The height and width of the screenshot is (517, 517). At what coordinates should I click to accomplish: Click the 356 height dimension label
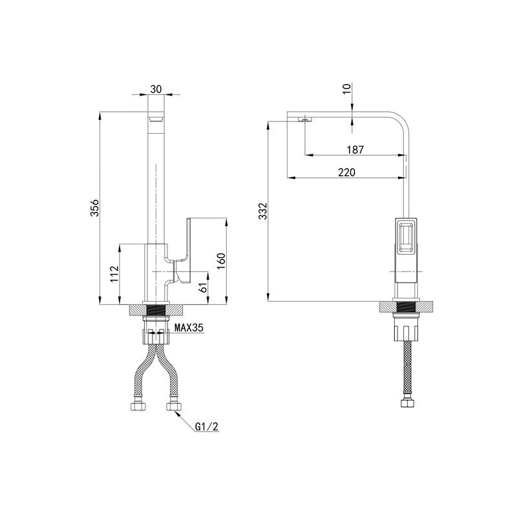coord(94,207)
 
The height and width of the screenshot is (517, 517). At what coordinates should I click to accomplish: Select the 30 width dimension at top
coord(156,89)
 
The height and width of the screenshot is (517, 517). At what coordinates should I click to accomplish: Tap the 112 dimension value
coord(114,273)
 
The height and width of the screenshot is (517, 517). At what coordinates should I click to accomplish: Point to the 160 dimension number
coord(221,261)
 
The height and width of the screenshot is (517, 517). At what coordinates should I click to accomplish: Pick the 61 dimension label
coord(204,287)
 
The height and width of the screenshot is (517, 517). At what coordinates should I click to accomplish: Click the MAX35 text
coord(189,328)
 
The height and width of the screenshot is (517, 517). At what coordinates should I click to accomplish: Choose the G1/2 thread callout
coord(207,427)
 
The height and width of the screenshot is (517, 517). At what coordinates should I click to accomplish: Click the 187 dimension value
coord(355,150)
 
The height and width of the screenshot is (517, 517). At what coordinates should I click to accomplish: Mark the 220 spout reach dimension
coord(346,172)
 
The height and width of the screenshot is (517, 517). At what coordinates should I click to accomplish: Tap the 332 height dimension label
coord(263,211)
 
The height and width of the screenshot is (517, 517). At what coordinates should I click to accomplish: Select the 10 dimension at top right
coord(346,89)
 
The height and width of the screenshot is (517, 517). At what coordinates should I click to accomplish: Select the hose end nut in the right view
coord(406,404)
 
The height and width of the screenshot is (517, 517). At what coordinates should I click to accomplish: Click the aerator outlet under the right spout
coord(304,120)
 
